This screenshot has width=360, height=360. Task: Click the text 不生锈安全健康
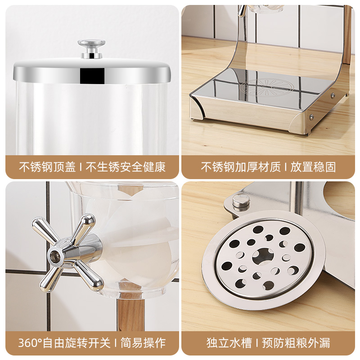126,167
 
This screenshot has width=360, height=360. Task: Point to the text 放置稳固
313,167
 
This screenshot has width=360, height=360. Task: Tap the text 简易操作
144,343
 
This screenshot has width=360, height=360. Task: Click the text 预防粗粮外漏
298,343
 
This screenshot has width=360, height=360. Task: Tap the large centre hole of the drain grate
262,256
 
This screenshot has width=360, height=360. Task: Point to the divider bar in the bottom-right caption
255,343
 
